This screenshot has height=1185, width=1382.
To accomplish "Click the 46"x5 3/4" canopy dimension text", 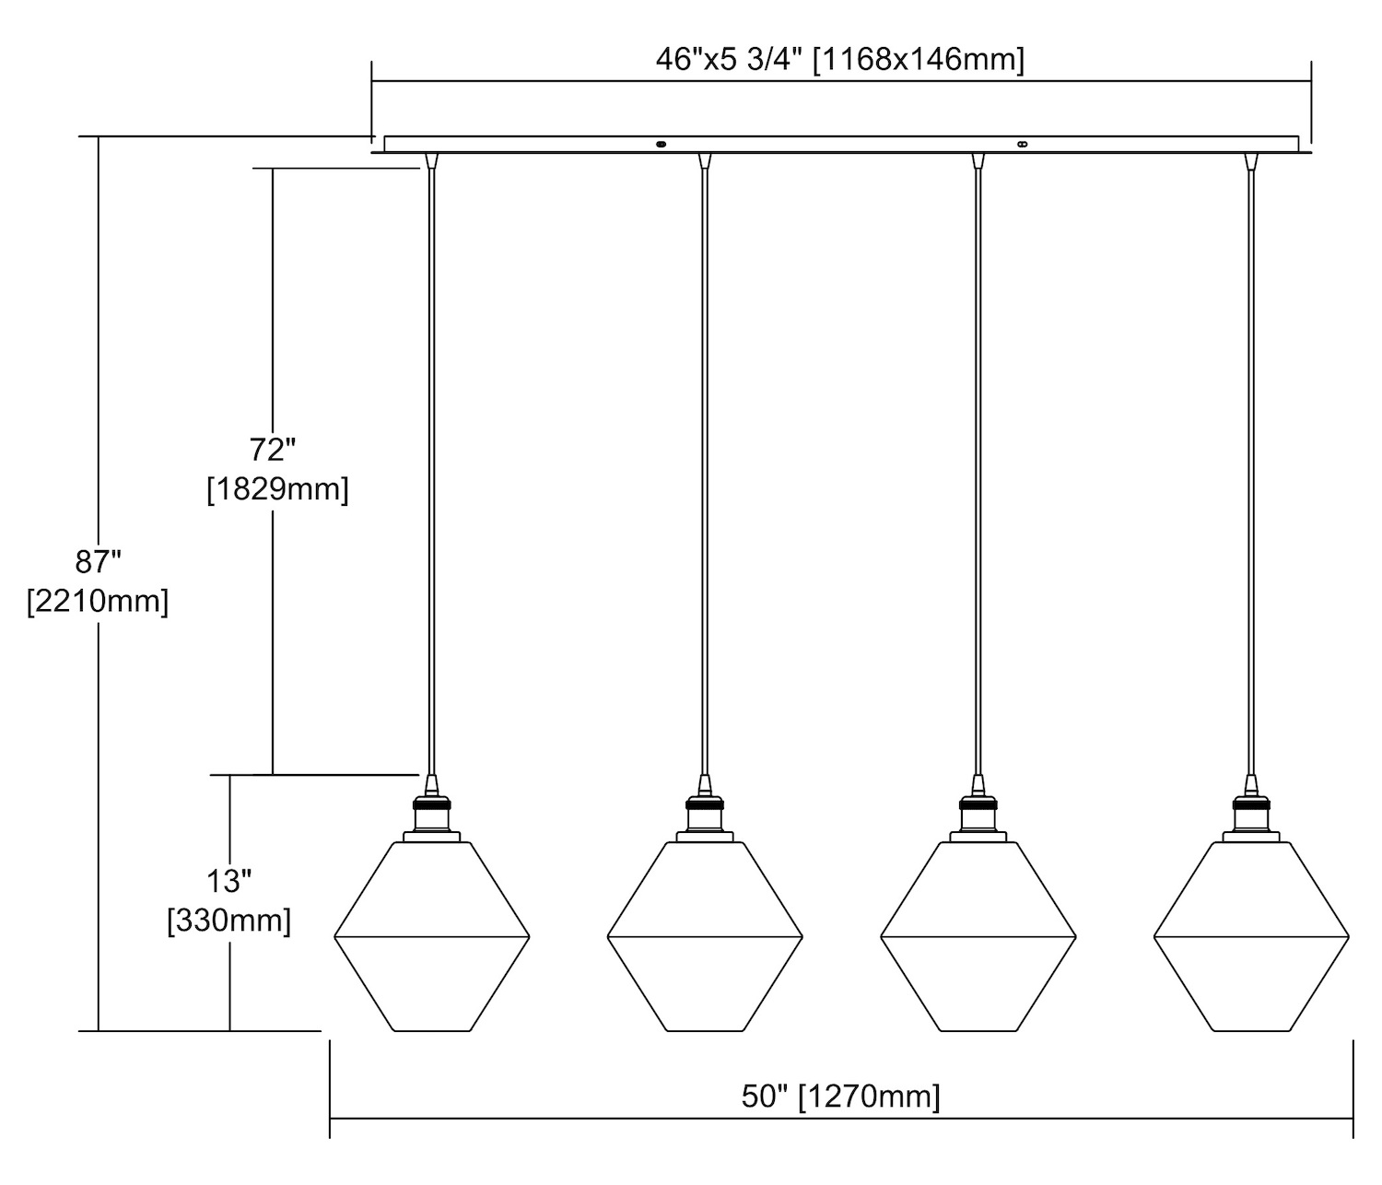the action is (x=839, y=60).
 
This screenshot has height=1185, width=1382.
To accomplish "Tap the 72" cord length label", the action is (x=272, y=450).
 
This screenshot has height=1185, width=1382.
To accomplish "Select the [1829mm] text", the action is (x=277, y=490).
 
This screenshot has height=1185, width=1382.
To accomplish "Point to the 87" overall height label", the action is (x=99, y=562).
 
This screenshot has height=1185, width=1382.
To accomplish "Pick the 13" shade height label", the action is (x=228, y=882).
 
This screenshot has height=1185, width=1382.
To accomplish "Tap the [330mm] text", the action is (x=228, y=921).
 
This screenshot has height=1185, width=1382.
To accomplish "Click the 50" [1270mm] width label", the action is (x=840, y=1097).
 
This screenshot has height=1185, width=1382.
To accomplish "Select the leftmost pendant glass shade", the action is (x=432, y=936).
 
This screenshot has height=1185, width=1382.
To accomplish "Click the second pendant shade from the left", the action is (x=705, y=936).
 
